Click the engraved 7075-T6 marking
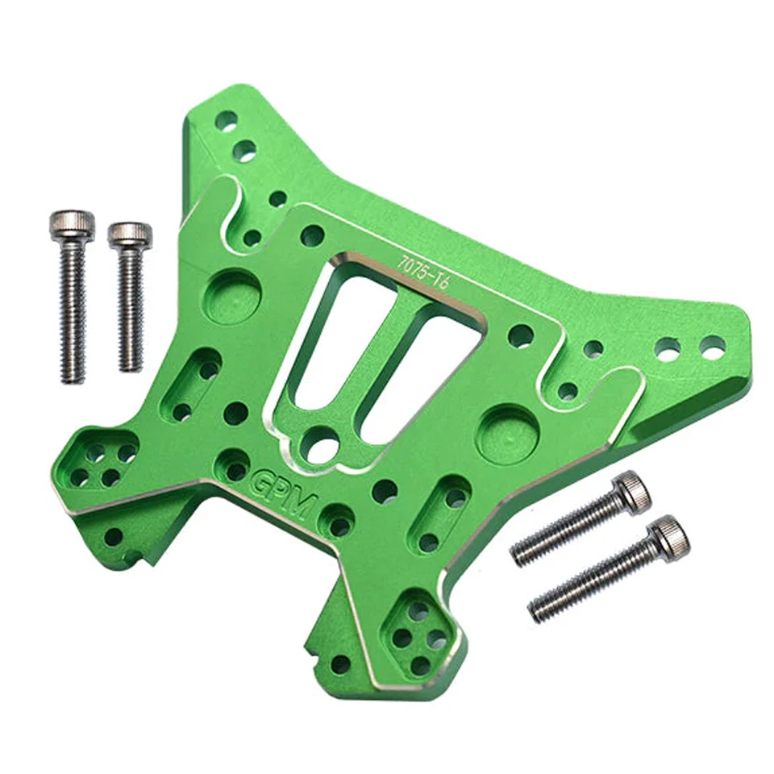pos(424,268)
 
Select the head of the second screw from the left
pos(130,235)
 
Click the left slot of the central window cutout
pos(333,339)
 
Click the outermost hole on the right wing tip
pos(712,347)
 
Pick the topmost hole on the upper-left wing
pos(226,121)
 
